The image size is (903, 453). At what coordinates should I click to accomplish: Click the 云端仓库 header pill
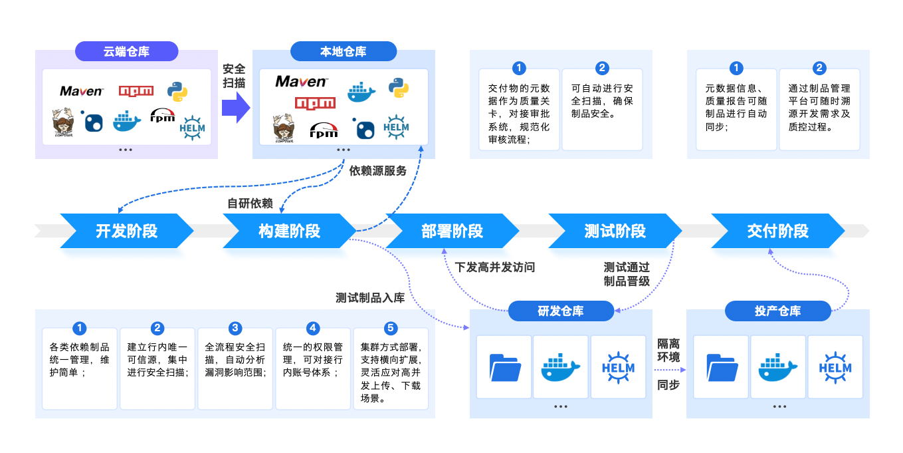[126, 51]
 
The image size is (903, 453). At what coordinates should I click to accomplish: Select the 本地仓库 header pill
[343, 51]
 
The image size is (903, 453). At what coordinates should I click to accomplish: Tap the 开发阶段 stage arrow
[126, 231]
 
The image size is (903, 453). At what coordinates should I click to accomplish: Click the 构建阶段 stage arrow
[289, 231]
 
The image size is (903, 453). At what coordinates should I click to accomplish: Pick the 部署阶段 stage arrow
[452, 231]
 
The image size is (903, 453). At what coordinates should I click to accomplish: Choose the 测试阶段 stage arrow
[615, 231]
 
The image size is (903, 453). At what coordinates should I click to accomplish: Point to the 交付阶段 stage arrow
[777, 231]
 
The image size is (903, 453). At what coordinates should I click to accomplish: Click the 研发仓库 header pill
[560, 311]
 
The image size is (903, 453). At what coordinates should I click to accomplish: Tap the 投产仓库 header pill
[777, 311]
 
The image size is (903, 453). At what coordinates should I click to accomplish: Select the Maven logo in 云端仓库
[81, 91]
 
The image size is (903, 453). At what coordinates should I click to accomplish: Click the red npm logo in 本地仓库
[315, 102]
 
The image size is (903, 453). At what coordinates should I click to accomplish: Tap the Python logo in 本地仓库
[398, 86]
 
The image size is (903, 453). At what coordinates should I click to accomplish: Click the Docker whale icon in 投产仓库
[777, 367]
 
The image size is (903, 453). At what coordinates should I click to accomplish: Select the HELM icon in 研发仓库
[618, 367]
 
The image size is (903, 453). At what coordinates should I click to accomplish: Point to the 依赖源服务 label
[377, 171]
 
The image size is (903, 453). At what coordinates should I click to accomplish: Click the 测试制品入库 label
[370, 297]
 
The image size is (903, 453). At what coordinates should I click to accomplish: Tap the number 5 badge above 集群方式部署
[391, 328]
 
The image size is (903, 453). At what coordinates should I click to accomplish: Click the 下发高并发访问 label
[494, 267]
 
